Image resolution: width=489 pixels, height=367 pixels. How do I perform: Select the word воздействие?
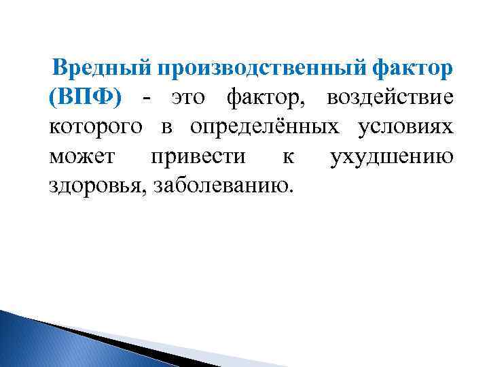389,99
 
